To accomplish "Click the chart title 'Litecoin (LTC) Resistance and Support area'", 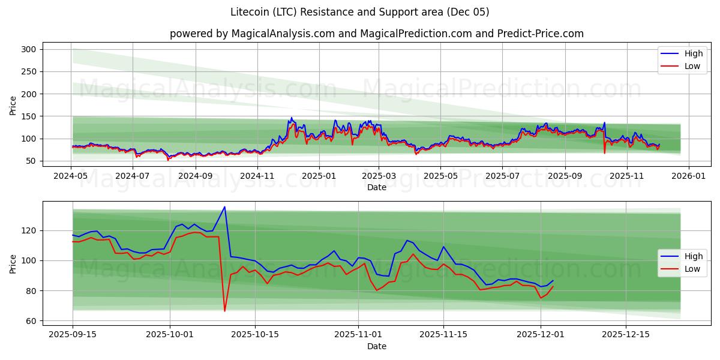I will (359, 12).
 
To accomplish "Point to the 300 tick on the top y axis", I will (30, 49).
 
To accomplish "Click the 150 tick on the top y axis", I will (30, 116).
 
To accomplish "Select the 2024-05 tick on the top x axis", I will (71, 176).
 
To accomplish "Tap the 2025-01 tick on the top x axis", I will (319, 176).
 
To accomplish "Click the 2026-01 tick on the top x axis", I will (688, 176).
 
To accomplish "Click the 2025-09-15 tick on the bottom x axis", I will (73, 335).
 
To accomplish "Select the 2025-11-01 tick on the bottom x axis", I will (358, 335).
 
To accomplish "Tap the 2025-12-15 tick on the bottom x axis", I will (626, 335).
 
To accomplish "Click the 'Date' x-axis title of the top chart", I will (376, 187).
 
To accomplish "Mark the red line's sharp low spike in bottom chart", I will (224, 311).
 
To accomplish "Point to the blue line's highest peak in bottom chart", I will (224, 207).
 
